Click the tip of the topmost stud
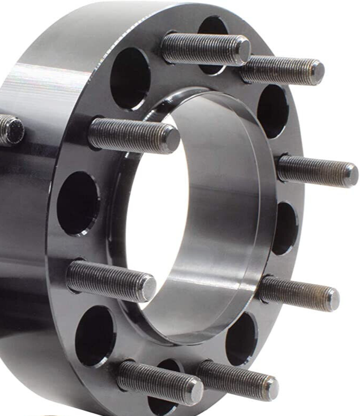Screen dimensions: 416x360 (x=242, y=49)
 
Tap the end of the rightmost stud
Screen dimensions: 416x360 (x=350, y=175)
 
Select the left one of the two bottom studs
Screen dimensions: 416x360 (x=159, y=382)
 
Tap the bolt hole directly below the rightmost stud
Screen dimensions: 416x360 (x=285, y=228)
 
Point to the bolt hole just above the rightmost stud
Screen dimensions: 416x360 (x=272, y=111)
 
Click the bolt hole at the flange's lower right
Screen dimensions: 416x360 (x=241, y=339)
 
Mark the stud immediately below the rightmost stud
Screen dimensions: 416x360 (x=300, y=292)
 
